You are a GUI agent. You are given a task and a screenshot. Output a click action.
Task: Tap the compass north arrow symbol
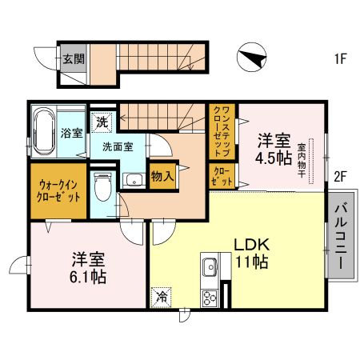tap(251, 57)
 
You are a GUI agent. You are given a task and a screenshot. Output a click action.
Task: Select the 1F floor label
tap(341, 58)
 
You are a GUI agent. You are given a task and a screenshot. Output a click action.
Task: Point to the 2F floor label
tap(340, 176)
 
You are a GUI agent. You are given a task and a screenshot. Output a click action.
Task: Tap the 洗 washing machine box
tap(102, 122)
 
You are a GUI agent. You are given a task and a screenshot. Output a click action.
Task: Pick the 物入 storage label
tap(162, 176)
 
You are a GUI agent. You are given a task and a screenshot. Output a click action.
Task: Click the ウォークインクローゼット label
tap(58, 191)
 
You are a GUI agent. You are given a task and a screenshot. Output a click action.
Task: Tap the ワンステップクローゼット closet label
tap(222, 131)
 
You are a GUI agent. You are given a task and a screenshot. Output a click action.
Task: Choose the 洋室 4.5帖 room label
tap(274, 150)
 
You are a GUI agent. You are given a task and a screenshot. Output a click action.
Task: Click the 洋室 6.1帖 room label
tap(88, 267)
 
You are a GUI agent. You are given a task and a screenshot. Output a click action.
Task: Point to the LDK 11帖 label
tap(252, 254)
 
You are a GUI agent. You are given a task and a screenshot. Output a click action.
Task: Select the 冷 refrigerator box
tap(161, 298)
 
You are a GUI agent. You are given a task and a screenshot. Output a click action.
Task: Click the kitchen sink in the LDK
tap(210, 267)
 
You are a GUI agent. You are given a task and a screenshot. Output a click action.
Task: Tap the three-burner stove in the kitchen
tap(210, 298)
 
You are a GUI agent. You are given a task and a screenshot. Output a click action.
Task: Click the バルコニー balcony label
tap(342, 236)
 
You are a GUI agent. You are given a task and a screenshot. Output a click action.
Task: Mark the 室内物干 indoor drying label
tap(302, 161)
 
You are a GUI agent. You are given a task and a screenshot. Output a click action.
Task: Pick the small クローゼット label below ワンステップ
tap(222, 176)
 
